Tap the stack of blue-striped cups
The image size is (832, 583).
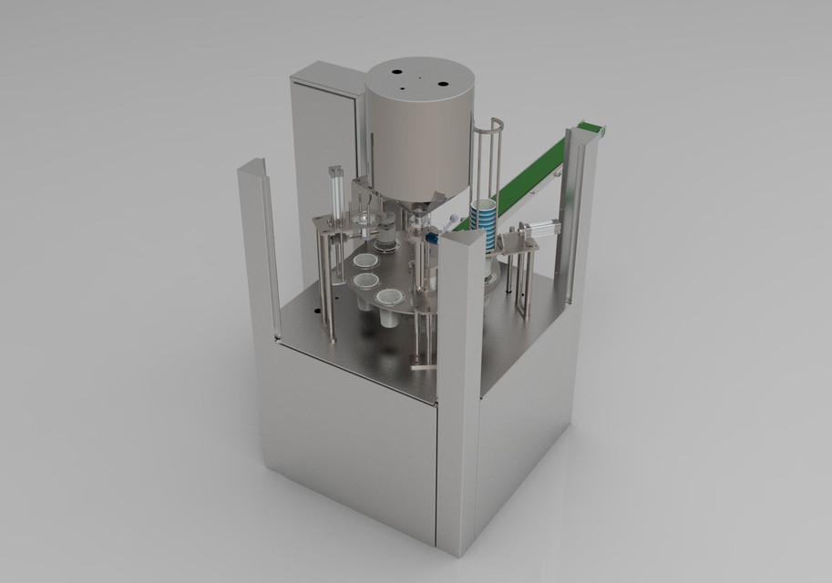pos(484,224)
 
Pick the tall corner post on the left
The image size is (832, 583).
pos(260,246)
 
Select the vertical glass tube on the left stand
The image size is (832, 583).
pos(334,196)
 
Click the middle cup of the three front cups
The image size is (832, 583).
pos(367,281)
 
